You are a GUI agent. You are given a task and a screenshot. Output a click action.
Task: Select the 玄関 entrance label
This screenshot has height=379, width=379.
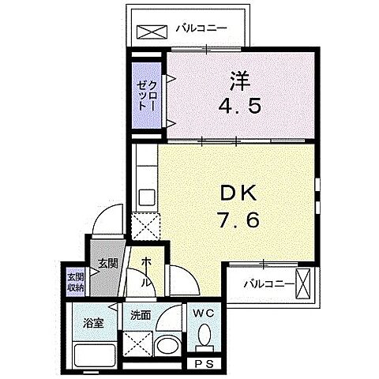click(x=108, y=264)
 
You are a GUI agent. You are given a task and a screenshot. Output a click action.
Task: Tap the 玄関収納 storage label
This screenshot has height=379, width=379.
click(x=76, y=281)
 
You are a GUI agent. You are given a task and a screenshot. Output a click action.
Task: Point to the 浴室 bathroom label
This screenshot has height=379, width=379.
click(x=93, y=321)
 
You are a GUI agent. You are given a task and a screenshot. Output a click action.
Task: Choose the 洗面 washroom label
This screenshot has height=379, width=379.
click(x=140, y=313)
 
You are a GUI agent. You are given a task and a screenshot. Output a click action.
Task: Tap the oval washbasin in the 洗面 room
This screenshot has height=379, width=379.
click(x=168, y=345)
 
